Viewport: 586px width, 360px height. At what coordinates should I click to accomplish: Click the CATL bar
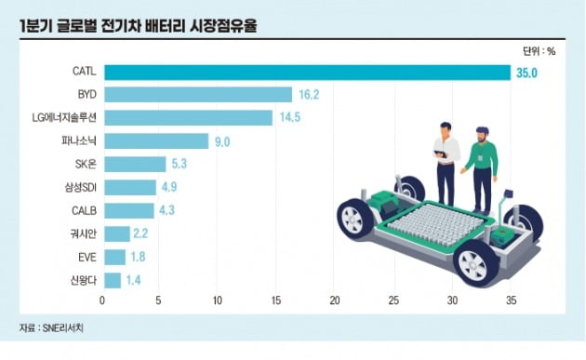point(307,72)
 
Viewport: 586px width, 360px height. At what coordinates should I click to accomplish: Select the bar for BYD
point(198,95)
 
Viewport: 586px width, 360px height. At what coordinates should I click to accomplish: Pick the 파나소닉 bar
point(156,141)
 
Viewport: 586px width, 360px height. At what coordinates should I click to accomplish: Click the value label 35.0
point(526,73)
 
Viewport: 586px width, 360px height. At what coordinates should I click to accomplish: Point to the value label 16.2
point(308,95)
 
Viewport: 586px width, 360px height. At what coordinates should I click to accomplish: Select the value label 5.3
point(181,165)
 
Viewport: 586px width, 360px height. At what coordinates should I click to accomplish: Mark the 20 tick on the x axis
point(335,300)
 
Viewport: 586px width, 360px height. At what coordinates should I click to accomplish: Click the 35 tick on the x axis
point(510,300)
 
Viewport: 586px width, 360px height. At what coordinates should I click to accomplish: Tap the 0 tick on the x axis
point(103,300)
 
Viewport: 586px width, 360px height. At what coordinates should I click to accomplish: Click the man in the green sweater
point(480,167)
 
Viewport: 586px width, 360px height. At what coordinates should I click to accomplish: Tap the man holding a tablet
point(446,158)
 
